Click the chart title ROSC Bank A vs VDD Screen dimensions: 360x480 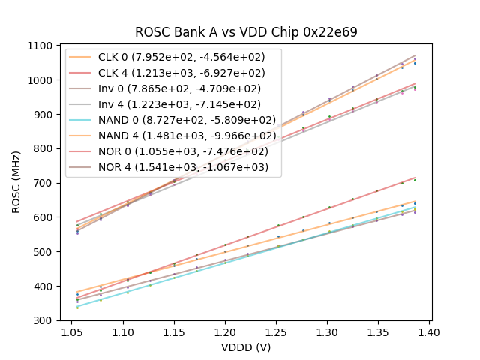[x=246, y=32]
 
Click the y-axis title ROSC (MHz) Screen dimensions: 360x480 [x=16, y=183]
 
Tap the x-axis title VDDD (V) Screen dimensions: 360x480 [x=246, y=347]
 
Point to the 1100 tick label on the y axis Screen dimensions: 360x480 [x=40, y=46]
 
